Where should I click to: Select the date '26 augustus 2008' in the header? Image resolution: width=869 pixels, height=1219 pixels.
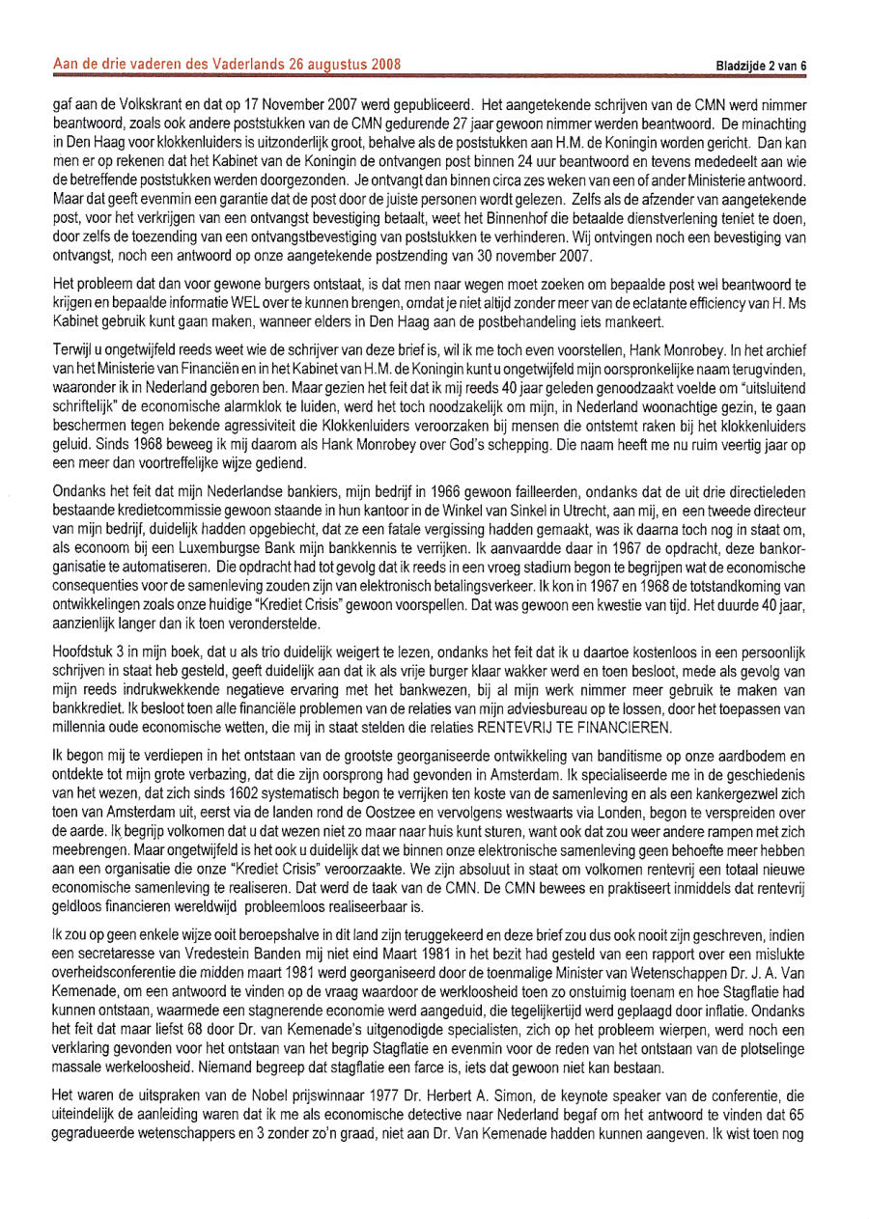343,65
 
